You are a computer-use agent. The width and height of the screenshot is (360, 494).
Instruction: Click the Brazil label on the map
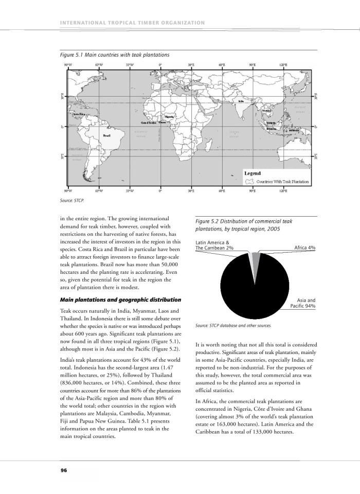click(106, 135)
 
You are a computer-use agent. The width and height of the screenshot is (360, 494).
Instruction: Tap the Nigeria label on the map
click(169, 117)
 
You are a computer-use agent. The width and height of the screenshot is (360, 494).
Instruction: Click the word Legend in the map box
click(253, 173)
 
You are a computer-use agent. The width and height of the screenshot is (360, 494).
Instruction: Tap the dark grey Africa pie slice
click(256, 258)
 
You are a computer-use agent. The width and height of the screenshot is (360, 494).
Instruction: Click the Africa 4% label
click(304, 248)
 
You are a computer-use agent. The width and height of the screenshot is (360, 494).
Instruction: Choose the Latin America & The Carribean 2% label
click(215, 245)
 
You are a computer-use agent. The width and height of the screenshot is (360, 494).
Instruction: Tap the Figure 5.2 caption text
click(244, 225)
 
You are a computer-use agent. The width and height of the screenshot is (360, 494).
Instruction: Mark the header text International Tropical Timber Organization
click(132, 23)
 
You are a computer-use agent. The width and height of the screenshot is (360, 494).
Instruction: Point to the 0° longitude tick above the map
click(160, 65)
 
